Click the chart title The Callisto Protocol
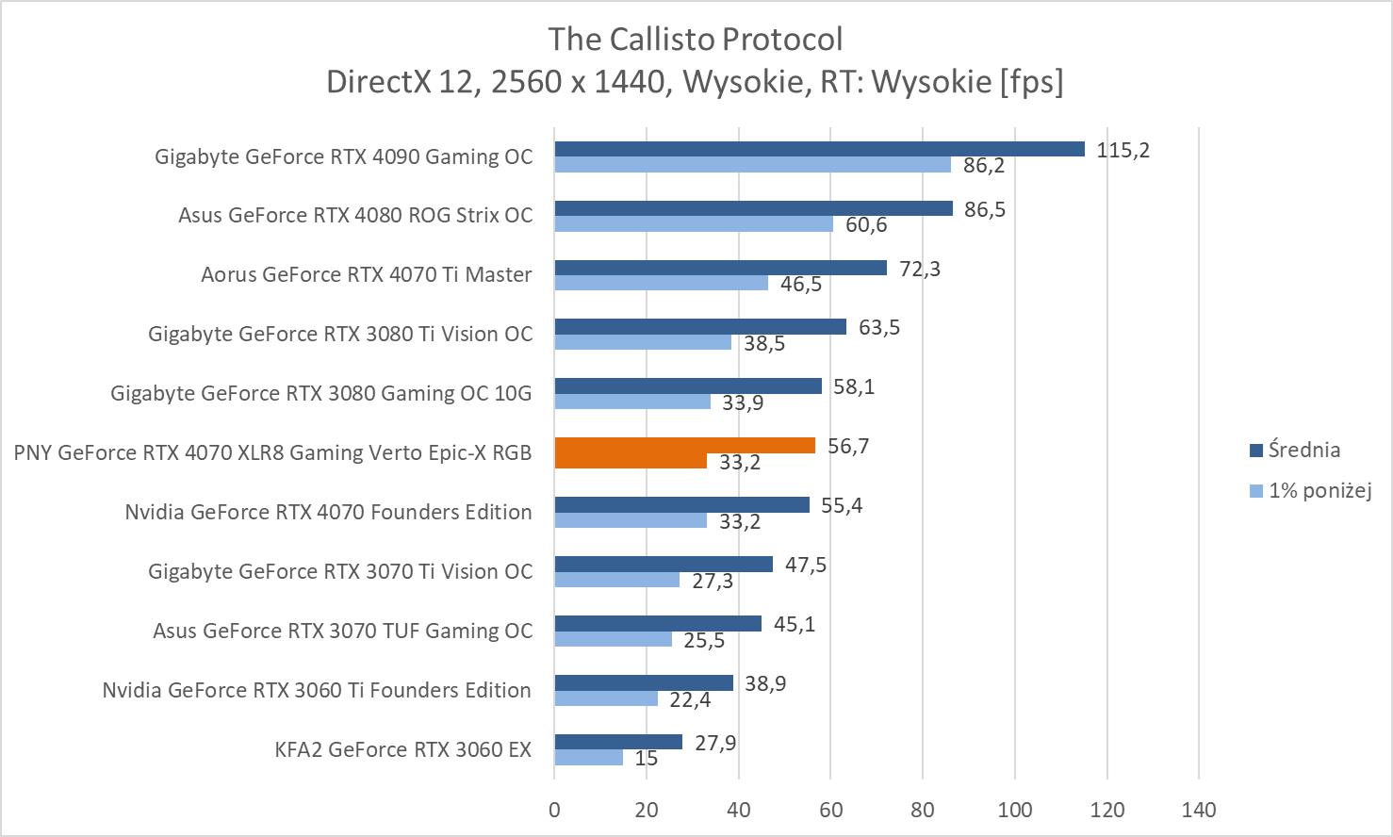coord(696,40)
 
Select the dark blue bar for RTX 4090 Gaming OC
coord(819,149)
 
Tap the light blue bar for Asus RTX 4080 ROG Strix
coord(694,224)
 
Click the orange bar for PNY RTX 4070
coord(684,446)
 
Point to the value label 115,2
coord(1123,150)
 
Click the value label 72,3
coord(920,269)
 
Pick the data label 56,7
coord(848,446)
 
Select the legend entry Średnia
coord(1303,450)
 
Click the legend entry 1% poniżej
coord(1319,490)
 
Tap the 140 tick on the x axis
coord(1199,809)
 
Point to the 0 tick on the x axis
coord(554,809)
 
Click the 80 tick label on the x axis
coord(923,809)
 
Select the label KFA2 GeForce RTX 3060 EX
coord(403,749)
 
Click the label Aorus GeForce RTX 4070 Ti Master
coord(367,274)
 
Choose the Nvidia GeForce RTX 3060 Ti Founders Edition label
coord(317,690)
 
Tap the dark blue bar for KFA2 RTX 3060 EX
coord(618,742)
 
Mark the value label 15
coord(647,758)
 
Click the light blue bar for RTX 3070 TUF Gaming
coord(613,639)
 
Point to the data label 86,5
coord(985,209)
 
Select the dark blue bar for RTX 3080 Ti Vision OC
coord(700,327)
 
